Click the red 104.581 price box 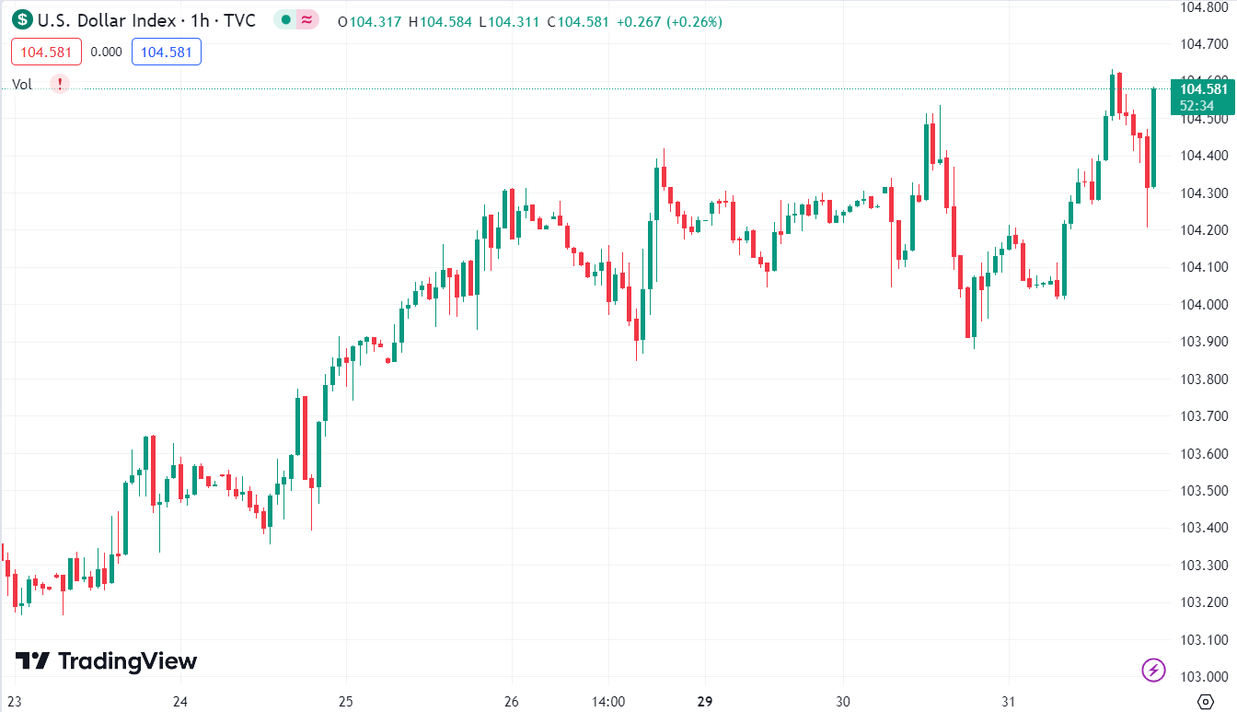tap(46, 52)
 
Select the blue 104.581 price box tap(167, 52)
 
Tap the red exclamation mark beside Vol tap(60, 84)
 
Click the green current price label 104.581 tap(1203, 89)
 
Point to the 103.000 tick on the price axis tap(1204, 677)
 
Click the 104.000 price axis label tap(1204, 305)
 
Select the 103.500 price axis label tap(1204, 491)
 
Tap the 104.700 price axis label tap(1204, 44)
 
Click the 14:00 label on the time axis tap(608, 701)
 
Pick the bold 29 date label tap(705, 701)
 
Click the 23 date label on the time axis tap(14, 701)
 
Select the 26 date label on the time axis tap(512, 701)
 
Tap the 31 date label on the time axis tap(1009, 701)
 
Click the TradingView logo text tap(127, 661)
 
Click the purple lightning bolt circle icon tap(1153, 670)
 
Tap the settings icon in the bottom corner tap(1205, 701)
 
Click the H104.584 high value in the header tap(445, 21)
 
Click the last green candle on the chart tap(1153, 137)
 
